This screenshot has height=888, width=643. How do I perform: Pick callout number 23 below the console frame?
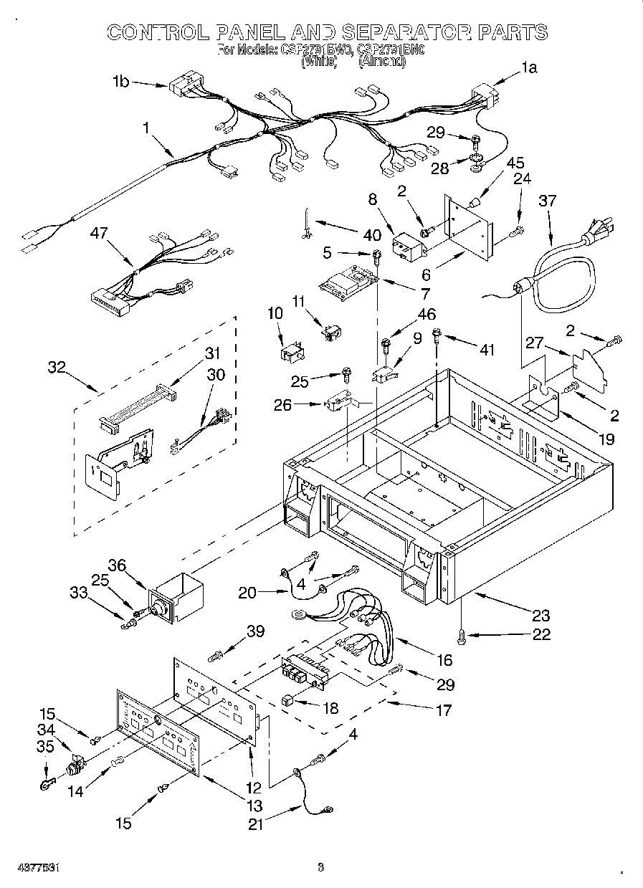pos(540,615)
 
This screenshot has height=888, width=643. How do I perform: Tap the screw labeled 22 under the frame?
pos(462,634)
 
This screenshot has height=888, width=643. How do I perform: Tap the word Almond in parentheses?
pos(382,62)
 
